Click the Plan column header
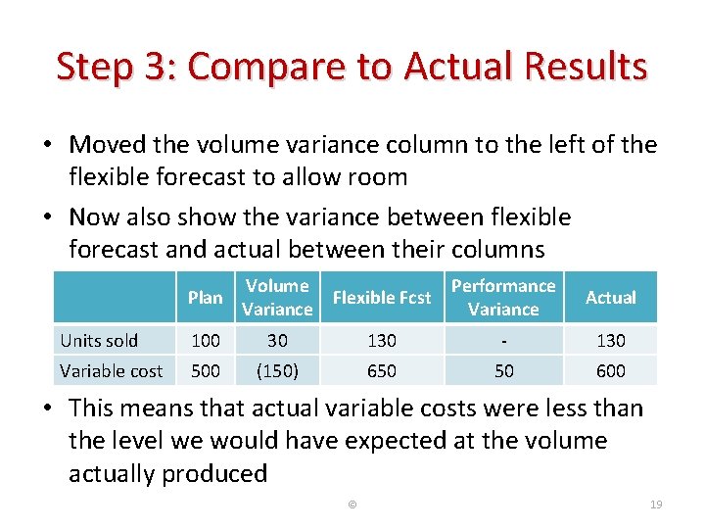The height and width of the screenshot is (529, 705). point(205,297)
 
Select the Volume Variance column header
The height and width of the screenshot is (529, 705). point(277,297)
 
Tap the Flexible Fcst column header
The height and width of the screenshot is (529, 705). point(382,297)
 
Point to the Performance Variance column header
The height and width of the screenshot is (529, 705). point(503,297)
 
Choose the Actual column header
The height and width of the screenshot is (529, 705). point(611,297)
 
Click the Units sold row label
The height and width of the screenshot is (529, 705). point(99,341)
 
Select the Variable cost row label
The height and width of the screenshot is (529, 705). point(112,370)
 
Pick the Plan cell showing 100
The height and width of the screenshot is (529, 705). point(205,341)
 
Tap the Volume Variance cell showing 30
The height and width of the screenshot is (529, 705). point(277,341)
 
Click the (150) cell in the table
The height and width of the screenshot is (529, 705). point(277,370)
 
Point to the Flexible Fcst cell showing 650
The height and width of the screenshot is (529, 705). point(382,370)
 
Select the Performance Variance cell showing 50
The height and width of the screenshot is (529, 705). point(503,370)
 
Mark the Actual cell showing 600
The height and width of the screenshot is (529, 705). point(611,370)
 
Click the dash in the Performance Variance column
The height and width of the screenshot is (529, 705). point(503,341)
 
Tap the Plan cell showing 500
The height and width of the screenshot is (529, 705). point(205,370)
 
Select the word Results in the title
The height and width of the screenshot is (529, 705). point(587,68)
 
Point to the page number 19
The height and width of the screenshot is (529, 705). point(656,505)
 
